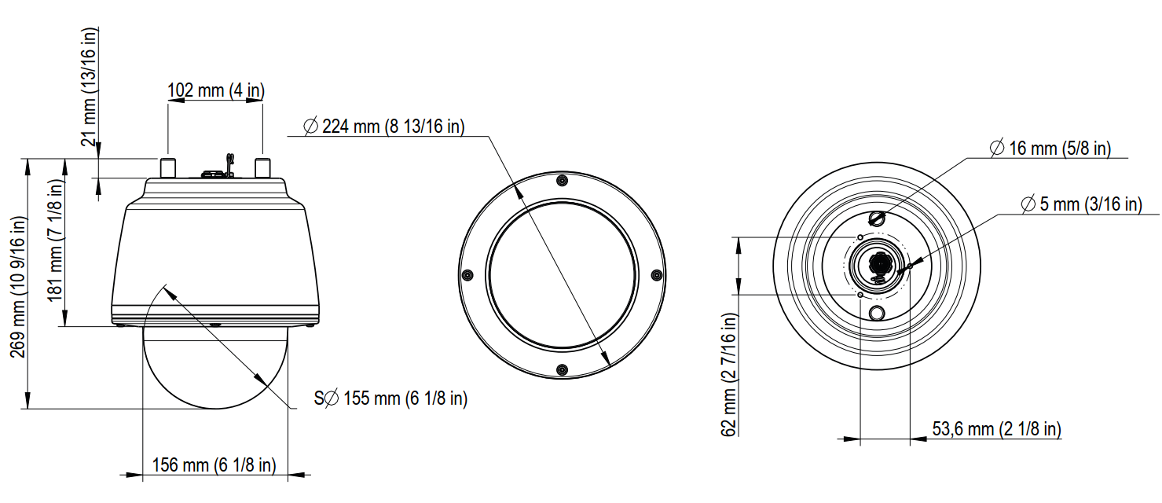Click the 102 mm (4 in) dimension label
(x=216, y=90)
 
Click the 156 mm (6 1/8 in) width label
(x=214, y=464)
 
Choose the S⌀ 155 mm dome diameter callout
(x=390, y=398)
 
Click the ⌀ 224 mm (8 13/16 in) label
(x=383, y=126)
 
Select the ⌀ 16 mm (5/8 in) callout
(x=1050, y=148)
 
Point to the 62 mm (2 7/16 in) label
(x=729, y=373)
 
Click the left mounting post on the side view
(x=168, y=167)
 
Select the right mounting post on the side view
(x=263, y=167)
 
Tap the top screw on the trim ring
(x=561, y=181)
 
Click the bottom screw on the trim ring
(x=561, y=369)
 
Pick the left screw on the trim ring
(x=467, y=275)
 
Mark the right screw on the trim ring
(x=655, y=275)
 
